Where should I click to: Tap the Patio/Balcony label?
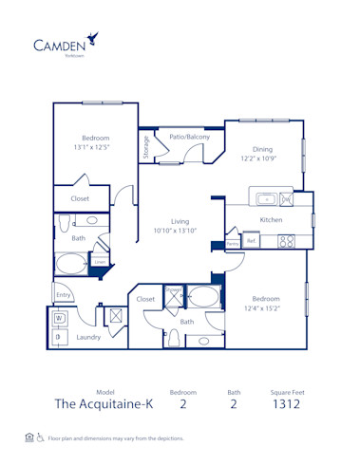tap(189, 138)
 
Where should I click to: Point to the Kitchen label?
tap(272, 220)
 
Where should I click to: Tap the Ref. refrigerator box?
tap(251, 241)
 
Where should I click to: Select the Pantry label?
tap(232, 244)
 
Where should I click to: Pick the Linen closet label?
tap(99, 261)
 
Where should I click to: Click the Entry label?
tap(63, 296)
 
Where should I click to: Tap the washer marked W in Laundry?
tap(59, 319)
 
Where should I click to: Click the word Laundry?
tap(89, 337)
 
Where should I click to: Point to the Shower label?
tap(173, 291)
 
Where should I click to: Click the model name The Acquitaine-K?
tap(104, 403)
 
